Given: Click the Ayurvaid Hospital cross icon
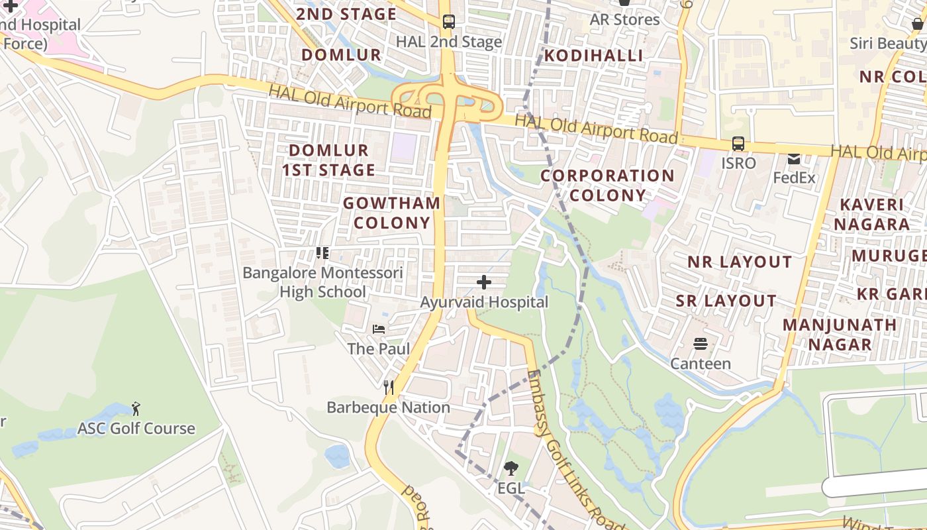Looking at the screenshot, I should (484, 283).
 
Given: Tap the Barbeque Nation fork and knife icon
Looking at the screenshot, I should (389, 388).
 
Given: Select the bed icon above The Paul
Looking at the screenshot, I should (379, 329).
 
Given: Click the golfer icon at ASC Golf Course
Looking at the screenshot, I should (136, 408).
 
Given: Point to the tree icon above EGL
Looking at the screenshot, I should (511, 469).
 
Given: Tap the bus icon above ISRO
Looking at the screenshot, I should (738, 144).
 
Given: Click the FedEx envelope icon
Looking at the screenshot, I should (794, 159).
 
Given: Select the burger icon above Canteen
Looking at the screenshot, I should (701, 344).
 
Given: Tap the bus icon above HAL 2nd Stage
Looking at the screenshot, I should (448, 22).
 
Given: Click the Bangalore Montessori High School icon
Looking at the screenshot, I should (322, 252).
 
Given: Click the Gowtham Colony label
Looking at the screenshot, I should (392, 213).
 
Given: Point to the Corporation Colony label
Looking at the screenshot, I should (607, 185).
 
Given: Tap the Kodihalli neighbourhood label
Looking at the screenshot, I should (593, 55).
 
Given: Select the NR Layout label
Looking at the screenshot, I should (740, 262).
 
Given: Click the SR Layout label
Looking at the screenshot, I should (726, 301).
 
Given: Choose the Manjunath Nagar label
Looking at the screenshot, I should (840, 335).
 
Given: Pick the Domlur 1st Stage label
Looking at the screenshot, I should (328, 160).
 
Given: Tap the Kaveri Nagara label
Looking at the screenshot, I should (871, 214).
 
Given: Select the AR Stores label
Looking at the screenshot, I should (624, 19).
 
